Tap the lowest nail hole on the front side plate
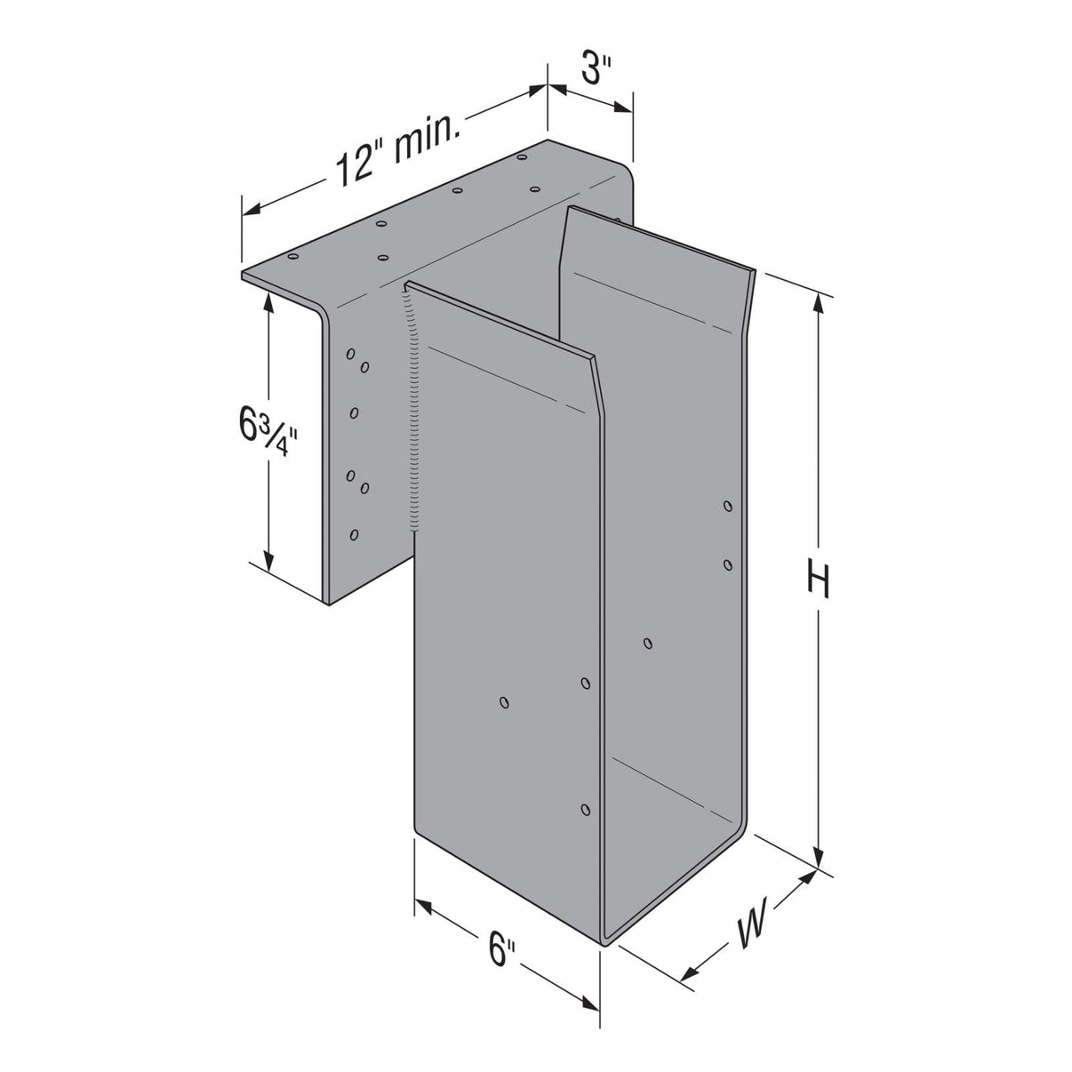click(585, 809)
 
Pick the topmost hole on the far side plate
click(727, 507)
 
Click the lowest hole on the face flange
click(355, 534)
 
